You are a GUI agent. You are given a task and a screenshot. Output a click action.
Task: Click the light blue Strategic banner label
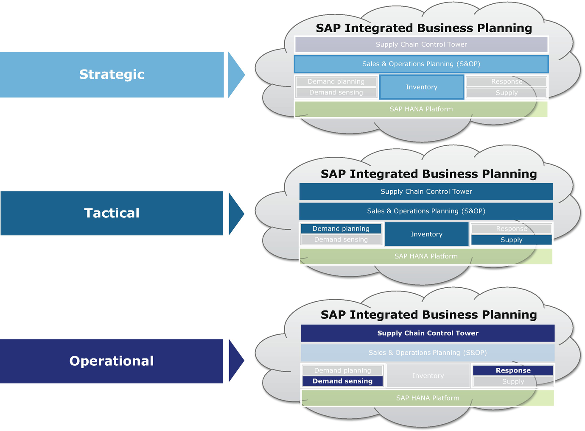[112, 75]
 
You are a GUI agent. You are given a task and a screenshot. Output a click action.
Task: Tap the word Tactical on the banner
[112, 213]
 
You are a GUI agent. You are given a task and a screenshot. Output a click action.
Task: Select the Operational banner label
[112, 361]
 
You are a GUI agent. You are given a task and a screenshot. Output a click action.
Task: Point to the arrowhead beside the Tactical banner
[235, 214]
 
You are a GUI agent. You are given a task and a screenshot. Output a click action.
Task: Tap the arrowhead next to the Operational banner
[235, 361]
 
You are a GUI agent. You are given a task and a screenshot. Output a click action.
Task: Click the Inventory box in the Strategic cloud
[421, 87]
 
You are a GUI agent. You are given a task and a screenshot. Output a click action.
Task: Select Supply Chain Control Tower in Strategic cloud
[421, 44]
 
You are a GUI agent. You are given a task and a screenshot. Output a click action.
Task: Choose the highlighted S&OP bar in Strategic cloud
[421, 64]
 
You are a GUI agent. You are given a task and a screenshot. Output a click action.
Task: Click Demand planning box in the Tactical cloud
[341, 229]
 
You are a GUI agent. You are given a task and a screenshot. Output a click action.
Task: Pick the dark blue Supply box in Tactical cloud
[511, 240]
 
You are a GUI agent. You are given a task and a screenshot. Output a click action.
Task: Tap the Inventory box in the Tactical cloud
[426, 234]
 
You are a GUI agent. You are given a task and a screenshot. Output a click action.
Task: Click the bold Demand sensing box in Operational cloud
[342, 381]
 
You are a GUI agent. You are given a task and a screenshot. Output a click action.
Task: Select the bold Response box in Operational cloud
[513, 370]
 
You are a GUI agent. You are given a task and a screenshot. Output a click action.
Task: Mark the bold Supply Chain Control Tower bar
[428, 333]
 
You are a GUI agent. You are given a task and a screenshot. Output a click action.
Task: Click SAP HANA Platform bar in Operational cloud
[428, 398]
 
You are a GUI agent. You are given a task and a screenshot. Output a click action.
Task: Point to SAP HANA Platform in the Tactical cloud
[426, 256]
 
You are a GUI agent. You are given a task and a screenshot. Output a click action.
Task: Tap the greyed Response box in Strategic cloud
[507, 82]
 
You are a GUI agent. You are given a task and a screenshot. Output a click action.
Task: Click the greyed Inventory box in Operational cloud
[428, 376]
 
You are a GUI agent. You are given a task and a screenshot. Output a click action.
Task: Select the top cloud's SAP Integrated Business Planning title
[424, 28]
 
